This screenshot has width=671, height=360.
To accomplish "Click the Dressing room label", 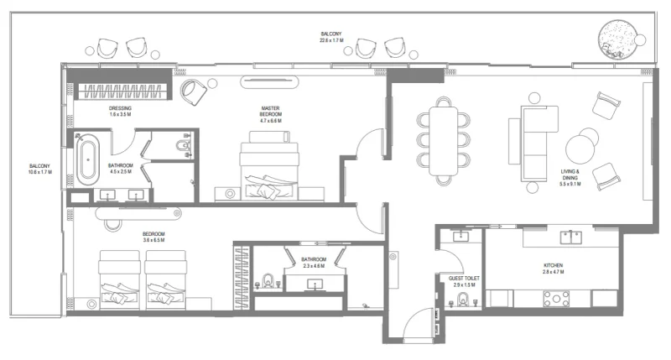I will pyautogui.click(x=120, y=109).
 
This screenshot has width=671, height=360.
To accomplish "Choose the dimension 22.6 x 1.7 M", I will pyautogui.click(x=331, y=34).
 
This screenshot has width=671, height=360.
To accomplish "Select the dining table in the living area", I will pyautogui.click(x=444, y=137).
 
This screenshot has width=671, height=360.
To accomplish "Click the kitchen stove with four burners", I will pyautogui.click(x=557, y=297).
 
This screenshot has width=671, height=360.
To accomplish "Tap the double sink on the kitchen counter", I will pyautogui.click(x=571, y=237).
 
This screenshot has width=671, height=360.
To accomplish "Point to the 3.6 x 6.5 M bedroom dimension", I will pyautogui.click(x=153, y=241).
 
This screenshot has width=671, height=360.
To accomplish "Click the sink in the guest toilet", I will pyautogui.click(x=459, y=237).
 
